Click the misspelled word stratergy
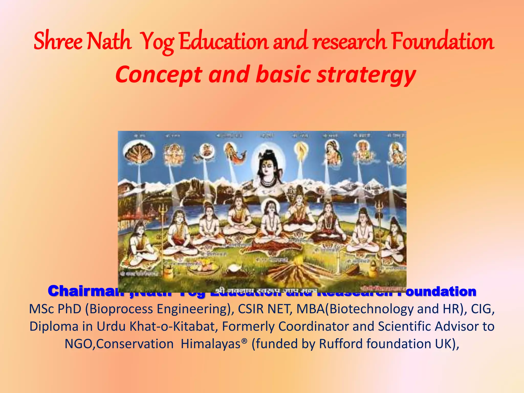point(366,75)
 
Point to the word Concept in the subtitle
point(159,75)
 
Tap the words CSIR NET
point(265,309)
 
